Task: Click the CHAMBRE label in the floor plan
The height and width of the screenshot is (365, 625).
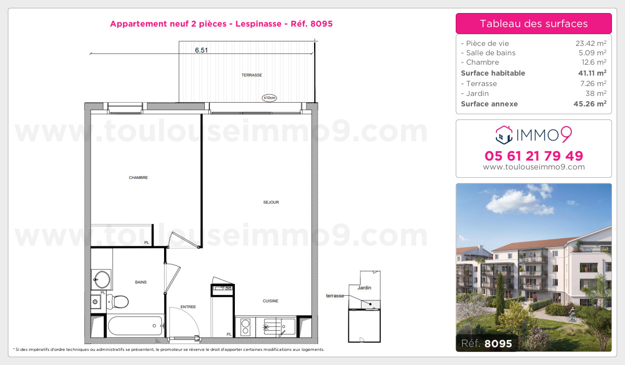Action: tap(139, 178)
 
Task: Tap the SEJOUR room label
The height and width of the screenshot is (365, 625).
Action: tap(271, 202)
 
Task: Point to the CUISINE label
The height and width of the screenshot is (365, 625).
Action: tap(270, 301)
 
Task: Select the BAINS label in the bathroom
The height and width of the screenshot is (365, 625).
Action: tap(141, 283)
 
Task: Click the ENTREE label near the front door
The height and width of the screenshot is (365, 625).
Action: tap(188, 307)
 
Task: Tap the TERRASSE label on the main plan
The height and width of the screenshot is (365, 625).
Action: tap(252, 75)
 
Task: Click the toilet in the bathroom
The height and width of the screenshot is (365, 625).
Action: tap(119, 301)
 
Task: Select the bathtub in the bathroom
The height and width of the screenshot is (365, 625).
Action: tap(135, 326)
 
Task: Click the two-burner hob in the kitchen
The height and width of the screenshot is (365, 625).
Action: tap(245, 327)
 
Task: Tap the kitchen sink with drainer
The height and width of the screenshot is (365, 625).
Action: tap(279, 327)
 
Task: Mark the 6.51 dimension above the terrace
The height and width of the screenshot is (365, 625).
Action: tap(202, 51)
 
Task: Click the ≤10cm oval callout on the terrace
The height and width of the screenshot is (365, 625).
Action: tap(269, 97)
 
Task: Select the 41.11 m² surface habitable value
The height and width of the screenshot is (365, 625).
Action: tap(594, 73)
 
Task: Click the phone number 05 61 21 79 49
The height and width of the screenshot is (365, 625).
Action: tap(534, 155)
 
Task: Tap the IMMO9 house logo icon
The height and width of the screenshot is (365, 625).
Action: tap(504, 135)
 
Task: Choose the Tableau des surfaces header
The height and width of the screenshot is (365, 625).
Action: tap(534, 23)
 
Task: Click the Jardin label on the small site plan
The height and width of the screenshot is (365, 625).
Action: tap(365, 288)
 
